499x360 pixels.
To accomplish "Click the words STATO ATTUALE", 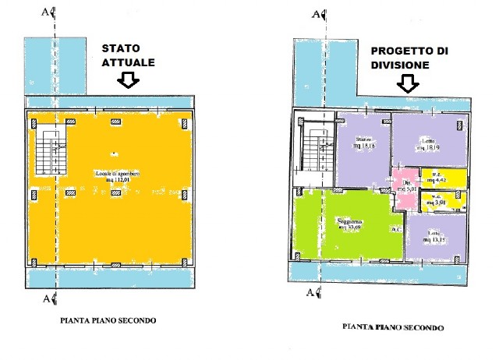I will (129, 55).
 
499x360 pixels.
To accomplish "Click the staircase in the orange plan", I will (48, 153).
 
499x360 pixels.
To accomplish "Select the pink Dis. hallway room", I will (405, 187).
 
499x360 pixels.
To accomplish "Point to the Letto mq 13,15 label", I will (436, 235).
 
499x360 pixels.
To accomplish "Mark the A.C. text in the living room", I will (396, 229).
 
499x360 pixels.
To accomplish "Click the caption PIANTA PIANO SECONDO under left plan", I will (108, 320).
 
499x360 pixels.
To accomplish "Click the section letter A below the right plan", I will (310, 293).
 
